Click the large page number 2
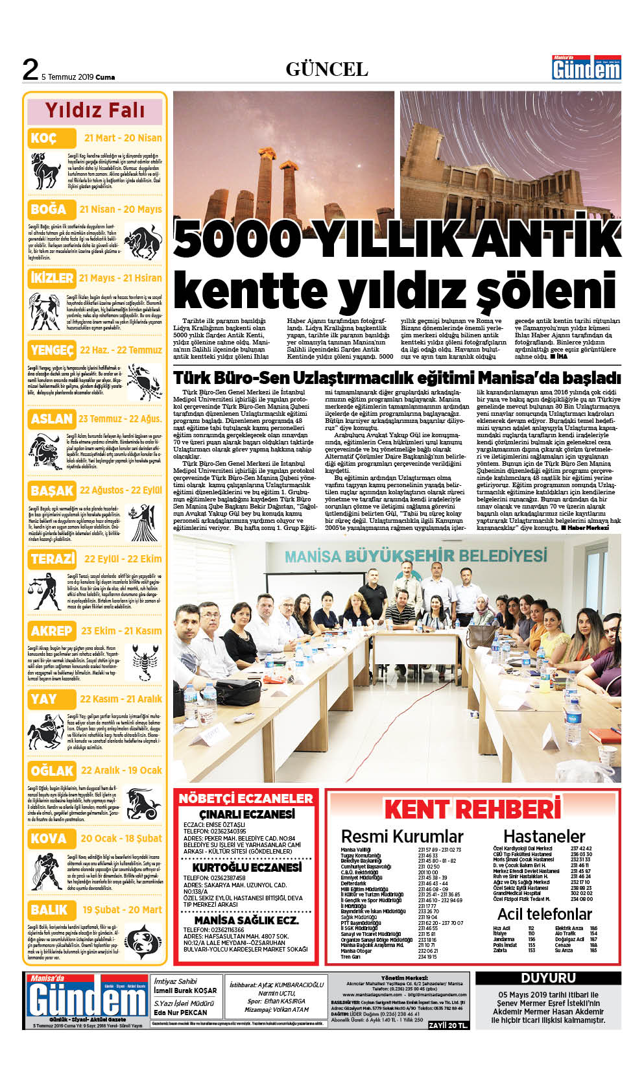pos(30,70)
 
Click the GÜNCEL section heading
pos(327,69)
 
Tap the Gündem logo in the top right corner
pos(586,67)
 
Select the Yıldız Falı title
pos(95,110)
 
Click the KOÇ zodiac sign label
pos(43,138)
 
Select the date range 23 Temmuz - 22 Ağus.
pos(120,419)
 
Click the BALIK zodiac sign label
pos(49,910)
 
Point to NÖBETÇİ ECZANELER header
pos(246,798)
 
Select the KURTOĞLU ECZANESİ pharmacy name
pos(246,868)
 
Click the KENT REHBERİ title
pos(472,809)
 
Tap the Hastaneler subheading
pos(544,836)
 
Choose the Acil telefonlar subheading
pos(544,914)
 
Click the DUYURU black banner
pos(548,977)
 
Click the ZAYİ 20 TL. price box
pos(448,1025)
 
